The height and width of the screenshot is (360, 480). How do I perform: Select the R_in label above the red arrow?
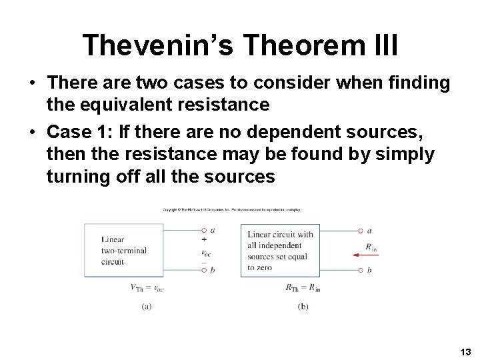(371, 247)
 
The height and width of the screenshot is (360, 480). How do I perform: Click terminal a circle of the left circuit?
(204, 231)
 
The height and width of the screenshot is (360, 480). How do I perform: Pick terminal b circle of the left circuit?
(204, 270)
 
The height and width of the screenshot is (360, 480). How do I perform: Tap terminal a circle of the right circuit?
(361, 231)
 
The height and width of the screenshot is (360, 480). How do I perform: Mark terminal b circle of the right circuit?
(361, 270)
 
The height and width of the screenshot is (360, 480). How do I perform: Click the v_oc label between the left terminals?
(206, 252)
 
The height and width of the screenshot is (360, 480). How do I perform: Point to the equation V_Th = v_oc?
(147, 288)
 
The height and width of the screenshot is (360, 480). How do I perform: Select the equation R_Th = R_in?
(303, 288)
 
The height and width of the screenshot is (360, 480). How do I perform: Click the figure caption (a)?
(147, 306)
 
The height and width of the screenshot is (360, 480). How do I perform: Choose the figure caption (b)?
(303, 306)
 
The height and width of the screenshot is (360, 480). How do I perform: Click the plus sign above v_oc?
(203, 239)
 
